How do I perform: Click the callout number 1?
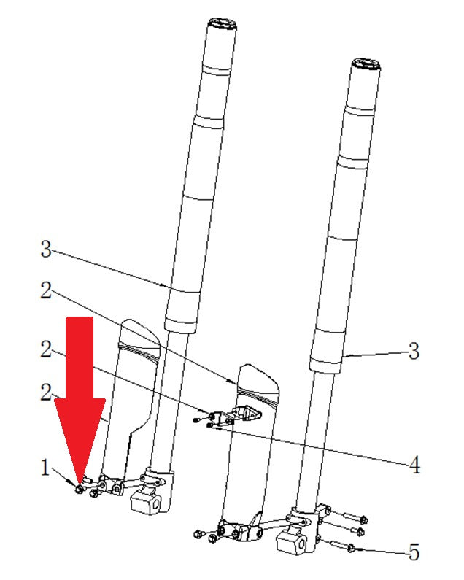[45, 468]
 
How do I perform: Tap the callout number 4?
[415, 465]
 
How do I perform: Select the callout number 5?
[414, 552]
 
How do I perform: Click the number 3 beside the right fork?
[414, 351]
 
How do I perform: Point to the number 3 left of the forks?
[45, 249]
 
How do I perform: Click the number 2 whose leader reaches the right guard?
[46, 290]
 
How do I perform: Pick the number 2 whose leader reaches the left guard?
[46, 392]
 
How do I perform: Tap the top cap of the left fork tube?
[222, 24]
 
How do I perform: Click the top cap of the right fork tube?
[366, 66]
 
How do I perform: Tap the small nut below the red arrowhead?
[79, 489]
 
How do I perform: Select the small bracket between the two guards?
[245, 412]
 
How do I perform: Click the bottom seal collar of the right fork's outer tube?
[325, 366]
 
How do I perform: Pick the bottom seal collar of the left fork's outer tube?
[179, 325]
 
